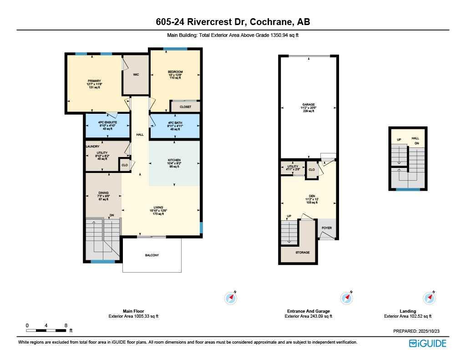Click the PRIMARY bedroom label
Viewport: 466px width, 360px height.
tap(94, 81)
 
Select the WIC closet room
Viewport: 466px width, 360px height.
tap(136, 75)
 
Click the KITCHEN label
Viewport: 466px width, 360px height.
tap(174, 160)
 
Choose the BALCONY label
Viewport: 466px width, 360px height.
tap(152, 255)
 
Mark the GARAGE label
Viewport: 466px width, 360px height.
tap(308, 104)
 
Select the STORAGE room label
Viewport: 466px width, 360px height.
tap(302, 253)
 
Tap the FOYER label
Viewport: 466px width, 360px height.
tap(327, 228)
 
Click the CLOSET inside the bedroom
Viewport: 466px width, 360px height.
tap(185, 107)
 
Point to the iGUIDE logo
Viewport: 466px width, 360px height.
tap(427, 343)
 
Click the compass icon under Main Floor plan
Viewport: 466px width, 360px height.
tap(231, 298)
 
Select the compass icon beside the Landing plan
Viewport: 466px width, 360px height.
tap(430, 298)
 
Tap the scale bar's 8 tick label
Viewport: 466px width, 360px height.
tap(66, 325)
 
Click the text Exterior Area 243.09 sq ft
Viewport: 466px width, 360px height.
tap(308, 316)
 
